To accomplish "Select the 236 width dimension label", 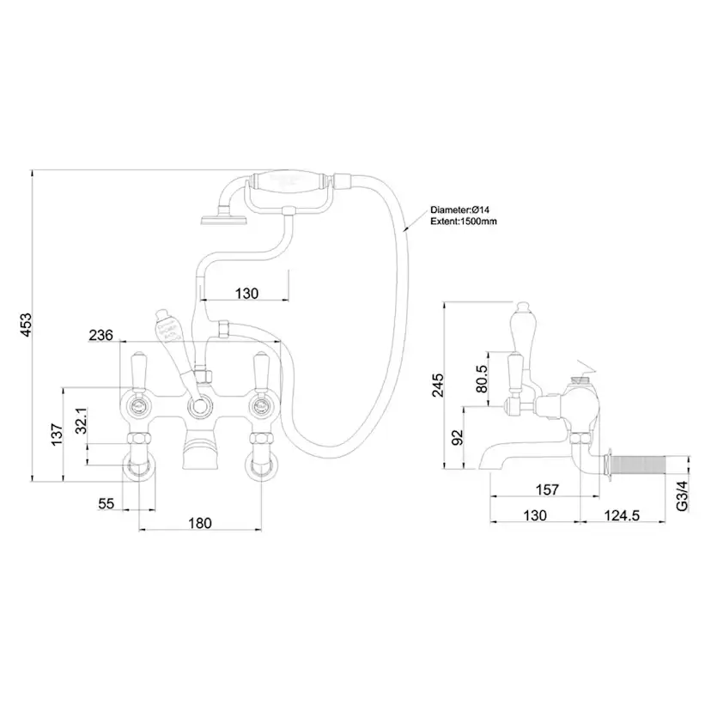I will [x=101, y=336].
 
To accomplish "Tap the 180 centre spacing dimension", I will [x=200, y=522].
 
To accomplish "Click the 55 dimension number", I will [x=106, y=504].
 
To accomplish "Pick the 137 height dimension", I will [x=56, y=434].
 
